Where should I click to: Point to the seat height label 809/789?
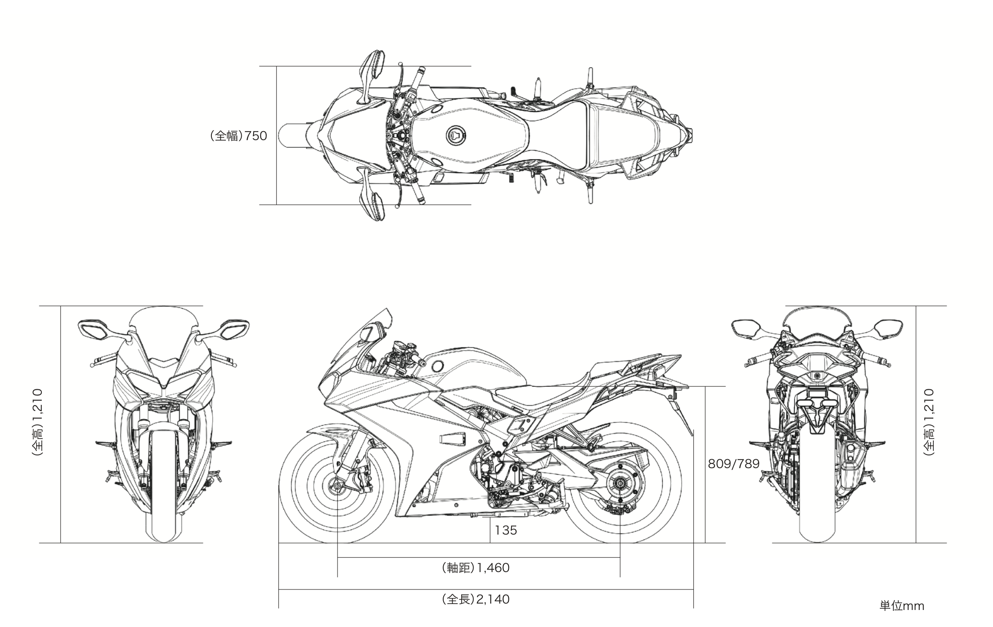(x=733, y=464)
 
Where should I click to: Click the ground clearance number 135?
(x=506, y=530)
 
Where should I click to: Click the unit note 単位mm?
(x=902, y=606)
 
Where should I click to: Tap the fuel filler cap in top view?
(x=456, y=136)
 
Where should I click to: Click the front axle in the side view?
(x=338, y=485)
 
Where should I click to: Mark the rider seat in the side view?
(x=537, y=394)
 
